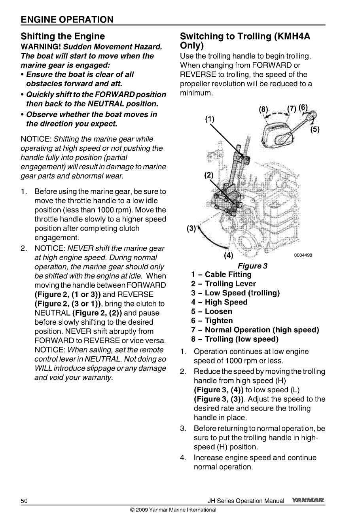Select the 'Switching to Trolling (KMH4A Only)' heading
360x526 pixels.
click(x=245, y=42)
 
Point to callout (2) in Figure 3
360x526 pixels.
click(x=208, y=175)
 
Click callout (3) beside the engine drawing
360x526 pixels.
click(x=191, y=228)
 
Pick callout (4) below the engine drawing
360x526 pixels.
click(x=228, y=255)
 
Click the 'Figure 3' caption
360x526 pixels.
click(x=252, y=266)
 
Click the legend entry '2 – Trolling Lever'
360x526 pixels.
click(x=223, y=284)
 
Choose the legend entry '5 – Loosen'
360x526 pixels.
click(x=211, y=311)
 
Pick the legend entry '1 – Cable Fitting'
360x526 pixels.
click(x=221, y=274)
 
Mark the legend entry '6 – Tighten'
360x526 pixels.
click(x=212, y=321)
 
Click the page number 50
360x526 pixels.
click(x=24, y=501)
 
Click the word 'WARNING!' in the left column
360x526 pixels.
click(x=41, y=47)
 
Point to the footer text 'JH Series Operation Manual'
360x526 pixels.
click(x=246, y=501)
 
